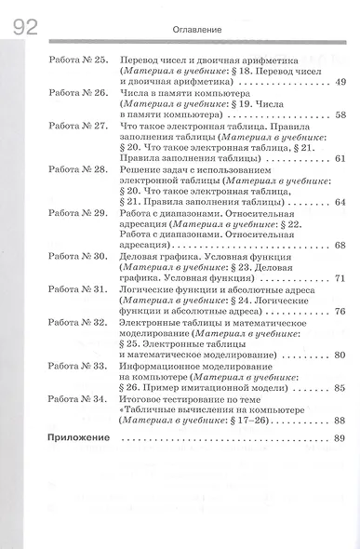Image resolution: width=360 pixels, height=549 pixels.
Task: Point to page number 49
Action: click(x=339, y=83)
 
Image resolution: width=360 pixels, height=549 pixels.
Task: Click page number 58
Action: click(x=339, y=115)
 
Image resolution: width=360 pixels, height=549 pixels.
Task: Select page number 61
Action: click(x=339, y=158)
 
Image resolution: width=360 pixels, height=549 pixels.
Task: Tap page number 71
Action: click(x=339, y=278)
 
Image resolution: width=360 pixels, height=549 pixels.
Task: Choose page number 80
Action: click(x=339, y=355)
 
